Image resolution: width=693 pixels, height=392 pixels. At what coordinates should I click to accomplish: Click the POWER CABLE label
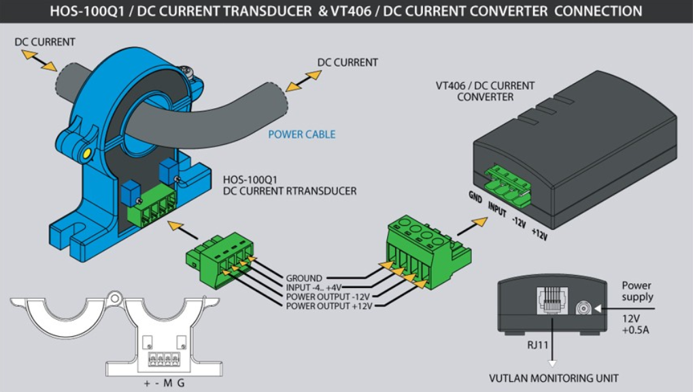(x=301, y=134)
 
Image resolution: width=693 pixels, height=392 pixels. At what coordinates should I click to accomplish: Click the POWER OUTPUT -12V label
(x=327, y=297)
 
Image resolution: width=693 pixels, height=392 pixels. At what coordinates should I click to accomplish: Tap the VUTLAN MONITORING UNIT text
(x=554, y=378)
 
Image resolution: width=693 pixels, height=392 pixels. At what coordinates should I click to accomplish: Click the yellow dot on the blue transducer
(x=86, y=154)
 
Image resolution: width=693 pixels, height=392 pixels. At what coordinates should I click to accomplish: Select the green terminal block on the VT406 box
(x=508, y=184)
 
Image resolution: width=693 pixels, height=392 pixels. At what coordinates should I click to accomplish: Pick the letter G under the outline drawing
(x=180, y=383)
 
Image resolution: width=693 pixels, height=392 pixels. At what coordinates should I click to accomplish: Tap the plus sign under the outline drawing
(x=146, y=383)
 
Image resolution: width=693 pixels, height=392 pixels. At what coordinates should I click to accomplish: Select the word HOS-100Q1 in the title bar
(x=80, y=11)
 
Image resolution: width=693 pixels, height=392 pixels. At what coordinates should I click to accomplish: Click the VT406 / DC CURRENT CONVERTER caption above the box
(x=485, y=91)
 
